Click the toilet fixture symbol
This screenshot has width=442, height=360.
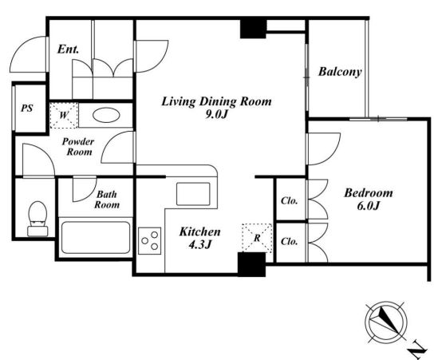click(37, 219)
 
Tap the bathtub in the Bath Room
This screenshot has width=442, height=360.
click(96, 238)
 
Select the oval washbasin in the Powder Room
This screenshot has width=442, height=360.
click(107, 115)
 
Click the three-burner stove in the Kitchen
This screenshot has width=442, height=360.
click(150, 240)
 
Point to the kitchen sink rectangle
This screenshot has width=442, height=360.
click(193, 194)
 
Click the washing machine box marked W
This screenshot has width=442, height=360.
click(64, 116)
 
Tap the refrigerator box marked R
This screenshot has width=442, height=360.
click(257, 238)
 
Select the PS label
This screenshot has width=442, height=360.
click(27, 109)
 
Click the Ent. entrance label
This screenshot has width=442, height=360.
click(68, 49)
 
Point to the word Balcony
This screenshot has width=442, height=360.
click(340, 72)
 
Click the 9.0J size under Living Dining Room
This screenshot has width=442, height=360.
click(216, 114)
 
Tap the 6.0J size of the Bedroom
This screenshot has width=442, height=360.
click(368, 206)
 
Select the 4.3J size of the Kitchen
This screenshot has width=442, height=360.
click(200, 245)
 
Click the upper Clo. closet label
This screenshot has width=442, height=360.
click(290, 200)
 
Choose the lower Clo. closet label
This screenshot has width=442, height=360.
click(290, 242)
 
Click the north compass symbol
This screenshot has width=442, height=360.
click(386, 322)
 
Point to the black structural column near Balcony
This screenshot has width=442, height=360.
click(253, 28)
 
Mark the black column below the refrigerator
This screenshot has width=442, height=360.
click(252, 264)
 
